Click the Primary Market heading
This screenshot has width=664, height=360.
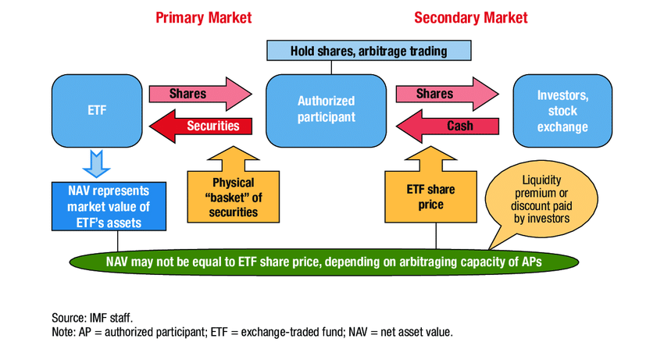(x=202, y=18)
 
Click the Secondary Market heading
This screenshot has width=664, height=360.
(x=470, y=18)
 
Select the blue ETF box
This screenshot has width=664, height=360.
(x=93, y=110)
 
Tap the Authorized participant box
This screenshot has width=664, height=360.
(x=327, y=110)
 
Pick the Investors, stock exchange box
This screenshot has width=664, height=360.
(x=561, y=110)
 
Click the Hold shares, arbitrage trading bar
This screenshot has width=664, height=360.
(x=369, y=52)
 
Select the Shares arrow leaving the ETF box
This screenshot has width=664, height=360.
(x=191, y=94)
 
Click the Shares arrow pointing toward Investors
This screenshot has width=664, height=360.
(x=437, y=94)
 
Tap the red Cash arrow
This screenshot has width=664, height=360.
(x=449, y=126)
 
